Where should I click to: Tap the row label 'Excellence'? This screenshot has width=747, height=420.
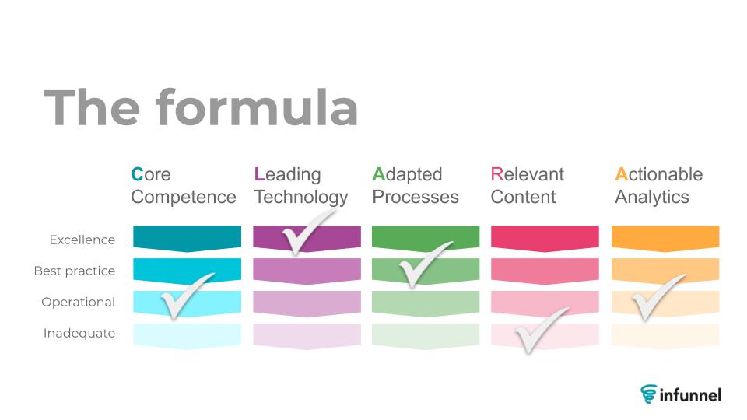[82, 240]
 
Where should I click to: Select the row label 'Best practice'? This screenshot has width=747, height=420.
[75, 271]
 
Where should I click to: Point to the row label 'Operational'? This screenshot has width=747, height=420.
[79, 302]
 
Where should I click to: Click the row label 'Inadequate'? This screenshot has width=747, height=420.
[79, 333]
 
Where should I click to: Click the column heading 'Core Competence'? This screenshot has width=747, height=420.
[184, 186]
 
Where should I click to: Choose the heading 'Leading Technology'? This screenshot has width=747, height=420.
[301, 186]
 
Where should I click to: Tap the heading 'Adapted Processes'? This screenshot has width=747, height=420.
[416, 186]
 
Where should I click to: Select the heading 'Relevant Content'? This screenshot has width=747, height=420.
[528, 186]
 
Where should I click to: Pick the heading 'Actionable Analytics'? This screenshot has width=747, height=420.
[659, 186]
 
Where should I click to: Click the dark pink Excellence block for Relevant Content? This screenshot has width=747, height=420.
[545, 238]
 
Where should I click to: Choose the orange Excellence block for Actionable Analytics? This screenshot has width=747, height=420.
[665, 238]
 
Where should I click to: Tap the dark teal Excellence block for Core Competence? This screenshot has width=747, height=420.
[188, 238]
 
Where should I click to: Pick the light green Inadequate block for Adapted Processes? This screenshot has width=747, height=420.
[426, 336]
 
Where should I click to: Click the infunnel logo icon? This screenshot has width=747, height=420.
[648, 394]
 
